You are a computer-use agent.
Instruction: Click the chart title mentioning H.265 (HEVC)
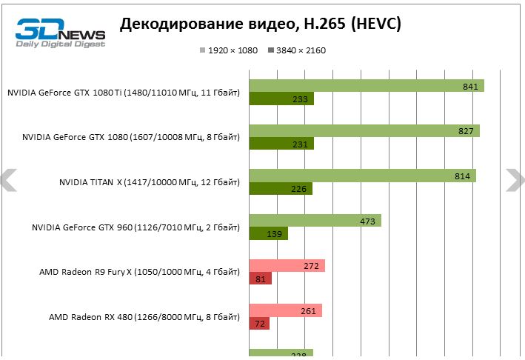[x=261, y=24]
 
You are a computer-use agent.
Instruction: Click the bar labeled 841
[x=367, y=86]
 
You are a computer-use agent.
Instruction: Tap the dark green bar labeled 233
[x=281, y=99]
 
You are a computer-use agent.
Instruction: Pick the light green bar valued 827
[x=364, y=131]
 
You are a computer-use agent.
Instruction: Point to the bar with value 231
[x=281, y=144]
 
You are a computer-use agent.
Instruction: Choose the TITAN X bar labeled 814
[x=363, y=176]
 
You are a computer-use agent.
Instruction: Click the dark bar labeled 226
[x=281, y=189]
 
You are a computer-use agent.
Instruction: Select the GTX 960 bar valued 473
[x=315, y=221]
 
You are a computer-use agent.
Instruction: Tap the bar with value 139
[x=268, y=234]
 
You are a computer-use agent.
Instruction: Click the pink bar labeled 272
[x=287, y=265]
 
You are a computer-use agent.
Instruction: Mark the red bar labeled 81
[x=261, y=279]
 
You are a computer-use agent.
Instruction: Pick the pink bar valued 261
[x=286, y=310]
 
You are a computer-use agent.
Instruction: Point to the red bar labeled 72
[x=259, y=324]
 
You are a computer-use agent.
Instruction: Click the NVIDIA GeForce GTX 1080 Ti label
[x=124, y=93]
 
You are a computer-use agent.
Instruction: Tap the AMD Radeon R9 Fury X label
[x=139, y=272]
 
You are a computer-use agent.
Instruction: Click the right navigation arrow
[x=515, y=180]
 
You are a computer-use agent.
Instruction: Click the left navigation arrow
[x=8, y=180]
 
